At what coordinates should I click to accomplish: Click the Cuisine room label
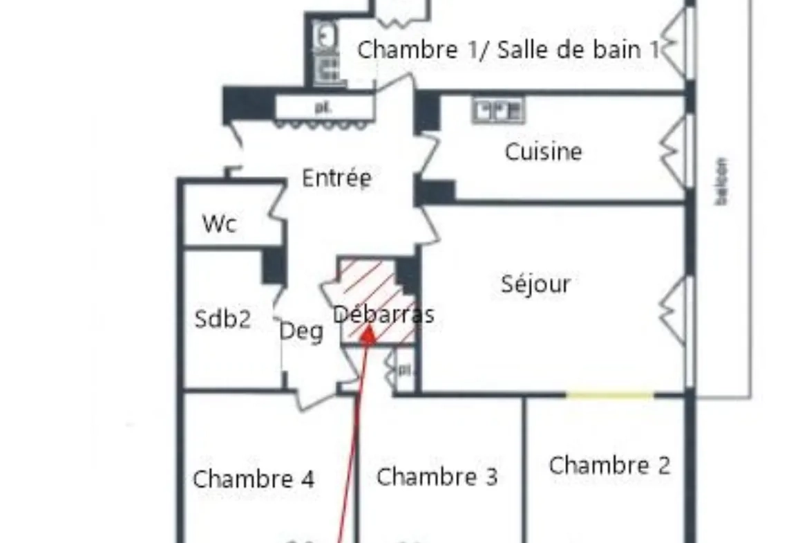tap(543, 151)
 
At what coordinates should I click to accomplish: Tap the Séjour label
tap(535, 284)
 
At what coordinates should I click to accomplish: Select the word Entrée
tap(337, 178)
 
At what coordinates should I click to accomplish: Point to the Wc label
tap(220, 224)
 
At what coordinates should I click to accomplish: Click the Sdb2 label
tap(222, 320)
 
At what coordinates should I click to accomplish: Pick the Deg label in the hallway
tap(301, 332)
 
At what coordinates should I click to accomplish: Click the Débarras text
tap(383, 315)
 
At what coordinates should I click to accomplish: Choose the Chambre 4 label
tap(254, 479)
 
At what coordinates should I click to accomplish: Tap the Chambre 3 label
tap(437, 477)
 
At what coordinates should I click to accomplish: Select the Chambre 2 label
tap(609, 465)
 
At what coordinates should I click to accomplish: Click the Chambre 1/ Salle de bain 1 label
tap(508, 50)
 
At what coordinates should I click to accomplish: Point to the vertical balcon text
tap(722, 181)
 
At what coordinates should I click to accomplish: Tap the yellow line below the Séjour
tap(610, 396)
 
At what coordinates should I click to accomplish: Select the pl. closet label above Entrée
tap(323, 107)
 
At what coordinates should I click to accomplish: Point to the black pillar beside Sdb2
tap(274, 265)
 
